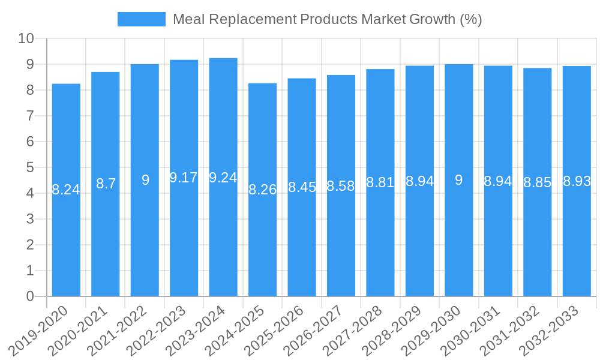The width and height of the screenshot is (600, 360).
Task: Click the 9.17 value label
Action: coord(184,178)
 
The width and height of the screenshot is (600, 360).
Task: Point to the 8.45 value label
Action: coord(302,187)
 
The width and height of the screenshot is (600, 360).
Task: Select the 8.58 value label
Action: coord(341,186)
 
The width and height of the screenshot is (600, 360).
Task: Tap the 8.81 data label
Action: coord(380,182)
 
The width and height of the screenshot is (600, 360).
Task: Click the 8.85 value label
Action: coord(537,182)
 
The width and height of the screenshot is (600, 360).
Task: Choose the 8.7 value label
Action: coord(106,184)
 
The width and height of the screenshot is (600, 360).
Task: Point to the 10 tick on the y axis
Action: coord(26,39)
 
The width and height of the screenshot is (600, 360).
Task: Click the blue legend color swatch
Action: coord(141,19)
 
